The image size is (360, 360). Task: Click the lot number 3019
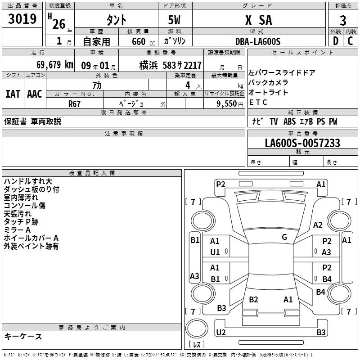tap(22, 20)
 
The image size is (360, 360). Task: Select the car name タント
tap(116, 20)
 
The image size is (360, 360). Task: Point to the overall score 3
tap(343, 20)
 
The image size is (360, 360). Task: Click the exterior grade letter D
tap(335, 40)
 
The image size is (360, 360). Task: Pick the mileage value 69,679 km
tap(52, 65)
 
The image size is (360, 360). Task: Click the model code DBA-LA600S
tap(257, 41)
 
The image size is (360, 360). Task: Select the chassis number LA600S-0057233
tap(302, 144)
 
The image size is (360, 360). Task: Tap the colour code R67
tap(74, 103)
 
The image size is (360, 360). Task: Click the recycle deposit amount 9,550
tap(227, 103)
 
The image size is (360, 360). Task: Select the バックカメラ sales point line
tap(268, 82)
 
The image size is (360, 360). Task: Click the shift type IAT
tap(13, 94)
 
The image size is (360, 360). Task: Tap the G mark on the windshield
tap(284, 237)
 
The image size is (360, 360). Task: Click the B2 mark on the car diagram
tap(253, 300)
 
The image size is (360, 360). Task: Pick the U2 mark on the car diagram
tap(220, 332)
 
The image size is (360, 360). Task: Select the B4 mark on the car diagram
tap(327, 279)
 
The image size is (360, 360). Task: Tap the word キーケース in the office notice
tap(23, 337)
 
